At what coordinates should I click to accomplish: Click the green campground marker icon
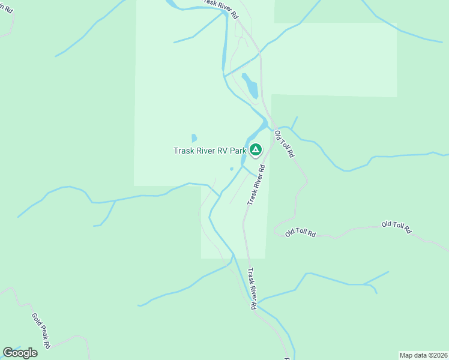click(256, 149)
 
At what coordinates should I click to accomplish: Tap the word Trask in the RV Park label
click(184, 151)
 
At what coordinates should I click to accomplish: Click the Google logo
click(20, 353)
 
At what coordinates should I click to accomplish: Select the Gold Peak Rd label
click(41, 330)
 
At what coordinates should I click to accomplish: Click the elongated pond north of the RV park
click(250, 86)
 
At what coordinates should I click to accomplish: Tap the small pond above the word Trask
click(194, 138)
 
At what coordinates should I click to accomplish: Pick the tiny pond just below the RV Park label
click(232, 169)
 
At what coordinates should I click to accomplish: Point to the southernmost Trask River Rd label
click(253, 289)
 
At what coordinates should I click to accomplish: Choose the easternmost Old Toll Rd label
click(397, 226)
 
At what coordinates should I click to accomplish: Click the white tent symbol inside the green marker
click(256, 149)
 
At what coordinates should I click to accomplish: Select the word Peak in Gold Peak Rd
click(41, 330)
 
